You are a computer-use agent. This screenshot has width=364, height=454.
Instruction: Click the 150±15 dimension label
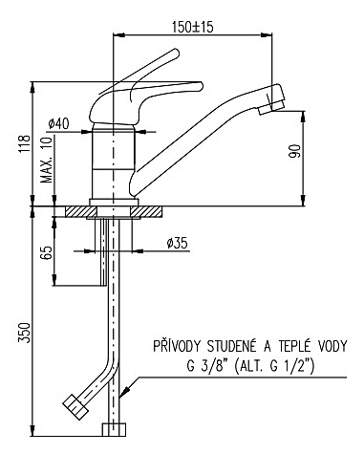192,27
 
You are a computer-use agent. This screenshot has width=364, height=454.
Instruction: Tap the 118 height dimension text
25,143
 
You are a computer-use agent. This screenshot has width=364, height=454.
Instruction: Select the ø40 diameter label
58,123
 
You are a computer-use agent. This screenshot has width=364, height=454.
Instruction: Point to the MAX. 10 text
48,161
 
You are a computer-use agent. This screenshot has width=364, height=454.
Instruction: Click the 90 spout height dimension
294,151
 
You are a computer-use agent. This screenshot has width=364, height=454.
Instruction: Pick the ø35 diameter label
178,244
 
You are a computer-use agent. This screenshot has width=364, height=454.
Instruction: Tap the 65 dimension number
47,253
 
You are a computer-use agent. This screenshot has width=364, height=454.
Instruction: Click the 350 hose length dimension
25,333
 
